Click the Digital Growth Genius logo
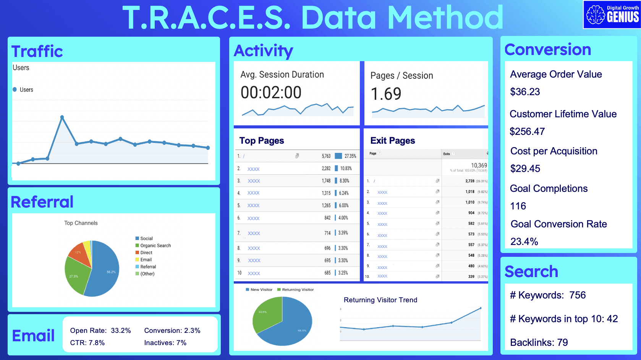(612, 15)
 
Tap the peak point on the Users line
(62, 117)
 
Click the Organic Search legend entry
(155, 245)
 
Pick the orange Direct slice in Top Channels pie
(79, 253)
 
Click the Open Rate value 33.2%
(121, 331)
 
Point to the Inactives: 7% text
(165, 343)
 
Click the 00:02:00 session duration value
(271, 92)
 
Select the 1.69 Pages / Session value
(386, 94)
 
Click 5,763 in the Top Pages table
(326, 156)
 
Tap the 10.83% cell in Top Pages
(346, 168)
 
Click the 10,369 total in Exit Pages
(479, 165)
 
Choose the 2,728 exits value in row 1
(469, 181)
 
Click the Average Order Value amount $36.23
(525, 92)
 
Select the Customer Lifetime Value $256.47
(527, 131)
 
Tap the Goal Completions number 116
(518, 206)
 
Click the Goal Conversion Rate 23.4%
(524, 242)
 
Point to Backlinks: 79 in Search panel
(539, 342)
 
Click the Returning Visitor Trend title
(380, 300)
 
